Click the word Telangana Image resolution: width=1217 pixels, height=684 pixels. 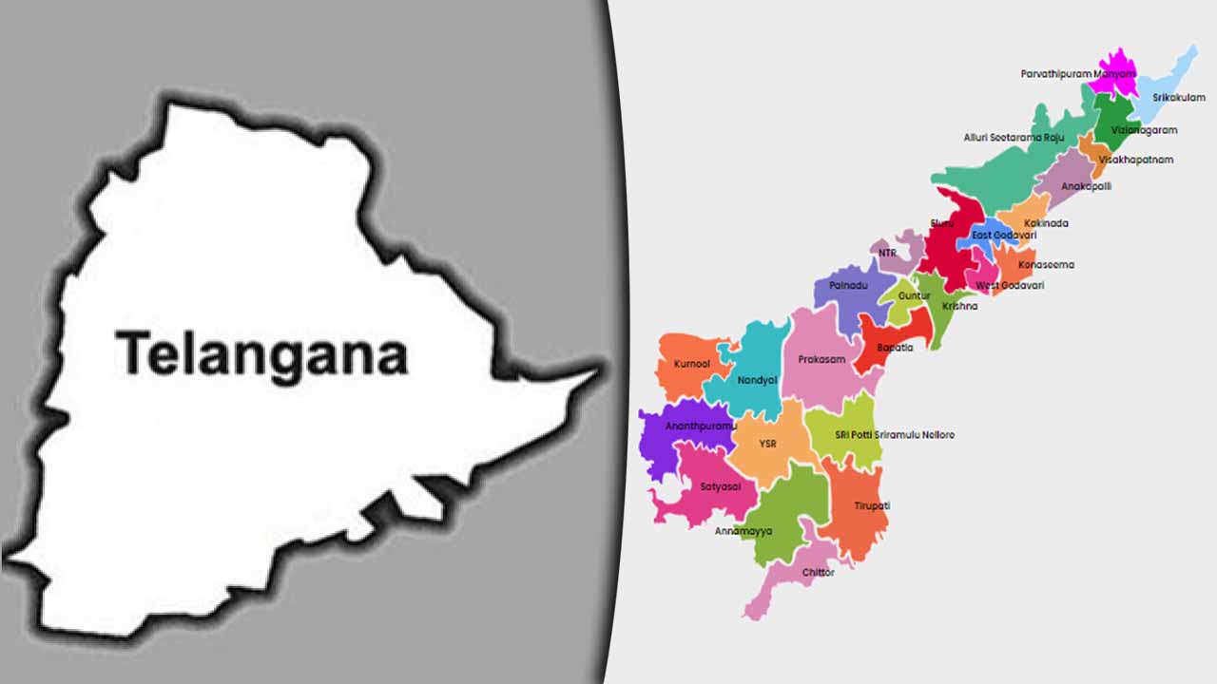click(261, 354)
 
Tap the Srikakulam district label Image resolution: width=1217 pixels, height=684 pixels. click(1178, 98)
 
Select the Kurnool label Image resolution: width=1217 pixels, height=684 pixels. click(691, 364)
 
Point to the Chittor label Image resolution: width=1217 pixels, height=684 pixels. click(818, 573)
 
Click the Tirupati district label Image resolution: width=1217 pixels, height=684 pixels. click(871, 506)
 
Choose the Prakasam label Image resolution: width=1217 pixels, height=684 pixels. click(821, 360)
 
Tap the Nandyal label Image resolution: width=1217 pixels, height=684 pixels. click(757, 380)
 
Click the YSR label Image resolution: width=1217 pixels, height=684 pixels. click(767, 444)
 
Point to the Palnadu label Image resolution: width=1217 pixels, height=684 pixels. click(849, 285)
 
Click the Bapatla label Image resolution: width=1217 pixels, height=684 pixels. click(895, 348)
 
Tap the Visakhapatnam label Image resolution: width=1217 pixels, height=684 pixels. click(1135, 160)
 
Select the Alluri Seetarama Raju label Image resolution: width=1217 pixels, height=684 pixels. click(1014, 138)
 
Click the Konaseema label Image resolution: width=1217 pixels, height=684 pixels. click(1046, 265)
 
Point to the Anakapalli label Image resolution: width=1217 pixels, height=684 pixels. click(1086, 186)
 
